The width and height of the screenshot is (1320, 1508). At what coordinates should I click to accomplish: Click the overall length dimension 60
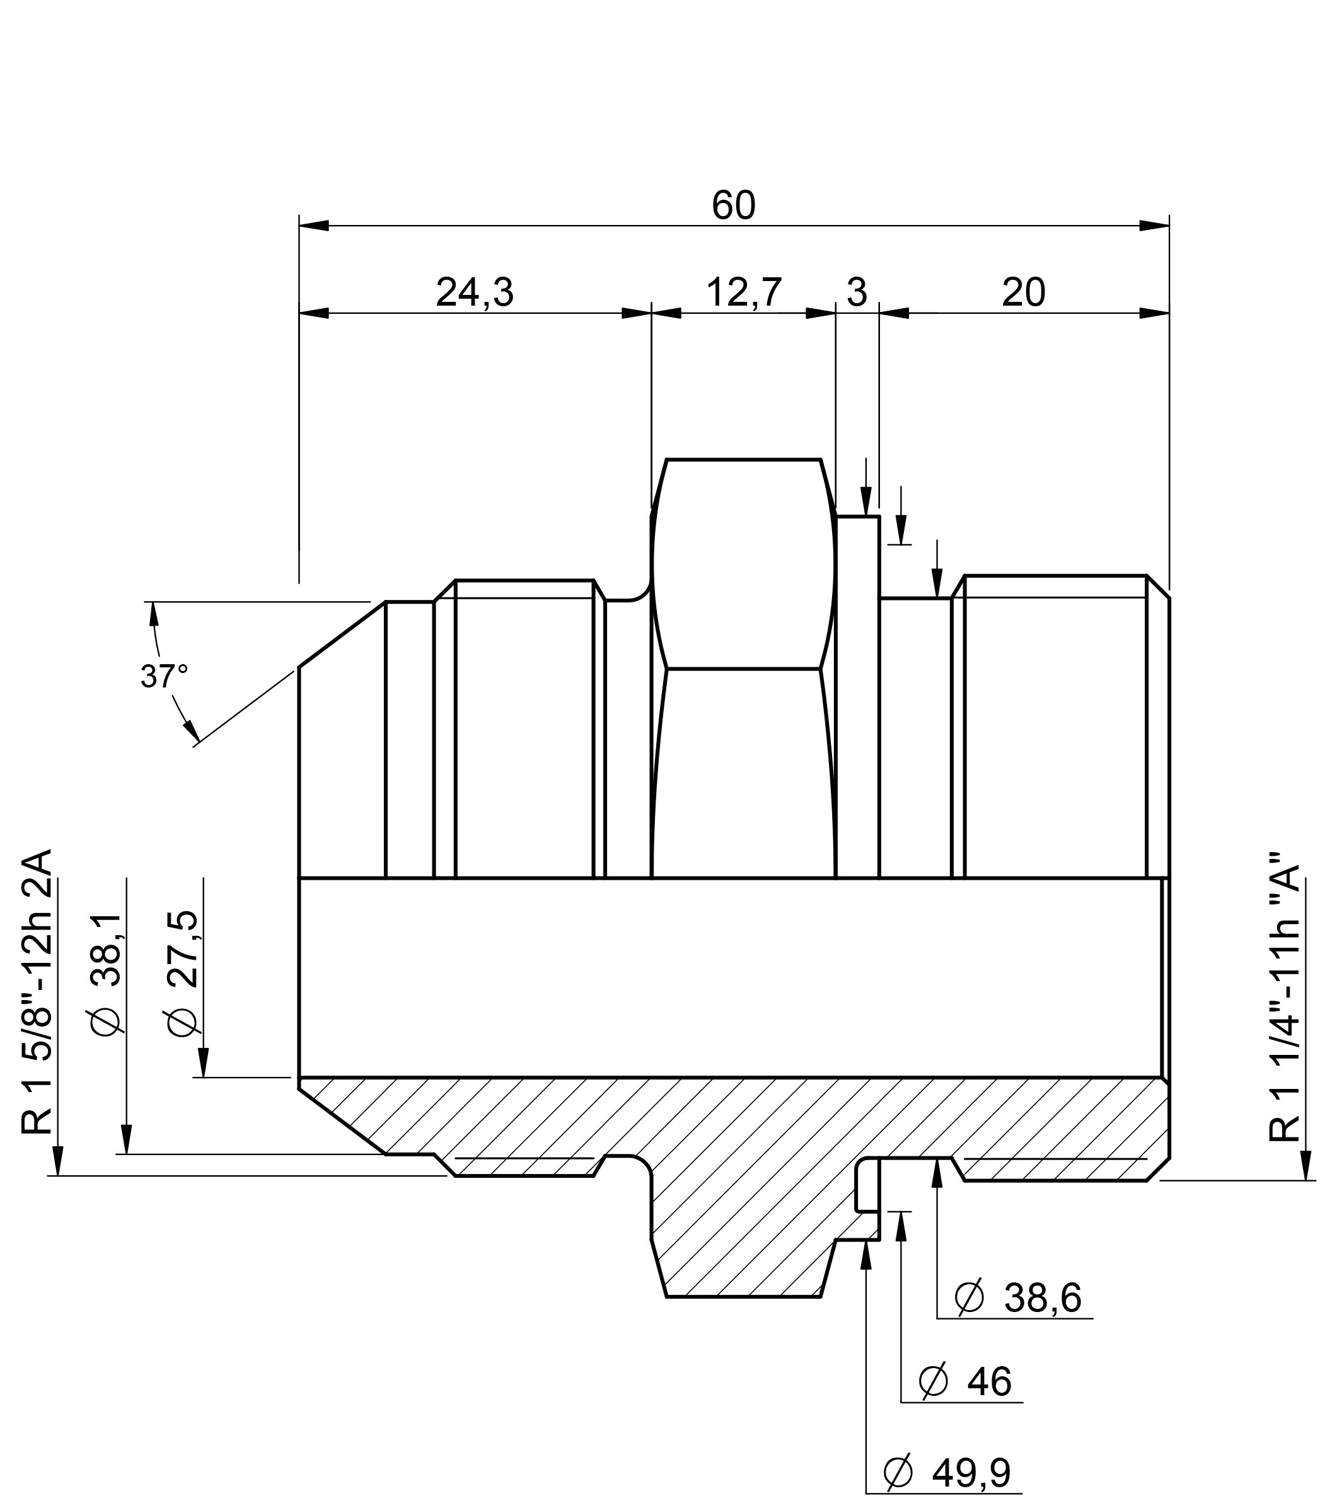(x=734, y=205)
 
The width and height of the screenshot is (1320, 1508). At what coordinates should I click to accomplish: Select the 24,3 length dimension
(x=475, y=292)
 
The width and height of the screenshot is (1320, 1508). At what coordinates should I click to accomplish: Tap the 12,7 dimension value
(x=744, y=292)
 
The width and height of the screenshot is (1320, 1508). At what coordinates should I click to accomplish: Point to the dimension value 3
(x=857, y=292)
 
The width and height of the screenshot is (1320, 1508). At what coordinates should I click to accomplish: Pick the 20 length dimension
(x=1023, y=292)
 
